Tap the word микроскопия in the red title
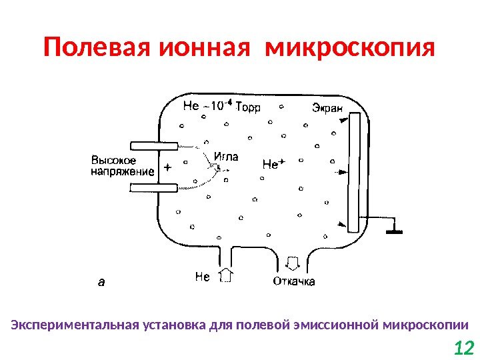(x=349, y=49)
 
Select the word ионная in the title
(x=198, y=49)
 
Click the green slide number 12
(x=463, y=347)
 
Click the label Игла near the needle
(x=225, y=158)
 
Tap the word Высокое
(x=114, y=161)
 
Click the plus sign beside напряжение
(x=167, y=169)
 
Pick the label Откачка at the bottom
(x=294, y=281)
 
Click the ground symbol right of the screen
(x=394, y=232)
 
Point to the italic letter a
(x=101, y=282)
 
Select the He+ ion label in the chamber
(x=274, y=163)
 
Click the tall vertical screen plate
(x=354, y=173)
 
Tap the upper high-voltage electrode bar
(x=154, y=145)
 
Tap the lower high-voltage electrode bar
(x=154, y=188)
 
